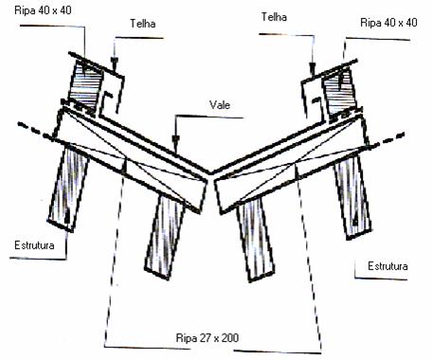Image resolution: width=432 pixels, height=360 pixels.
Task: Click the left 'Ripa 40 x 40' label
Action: point(43,10)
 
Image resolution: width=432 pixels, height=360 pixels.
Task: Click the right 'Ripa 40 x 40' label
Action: point(388,23)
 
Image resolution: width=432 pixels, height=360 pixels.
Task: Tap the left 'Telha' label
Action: point(143,24)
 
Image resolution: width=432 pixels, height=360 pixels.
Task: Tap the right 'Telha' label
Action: point(274,17)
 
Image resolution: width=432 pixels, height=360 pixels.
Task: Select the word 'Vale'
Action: point(220,105)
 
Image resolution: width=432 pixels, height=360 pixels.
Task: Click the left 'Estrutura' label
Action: point(34,245)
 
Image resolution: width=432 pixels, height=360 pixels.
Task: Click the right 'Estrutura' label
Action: point(387,266)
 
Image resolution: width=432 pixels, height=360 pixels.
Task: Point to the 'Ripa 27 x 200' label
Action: point(207,338)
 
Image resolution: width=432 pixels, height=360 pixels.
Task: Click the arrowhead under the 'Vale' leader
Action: point(175,141)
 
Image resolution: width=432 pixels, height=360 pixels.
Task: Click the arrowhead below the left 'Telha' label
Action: point(115,63)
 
